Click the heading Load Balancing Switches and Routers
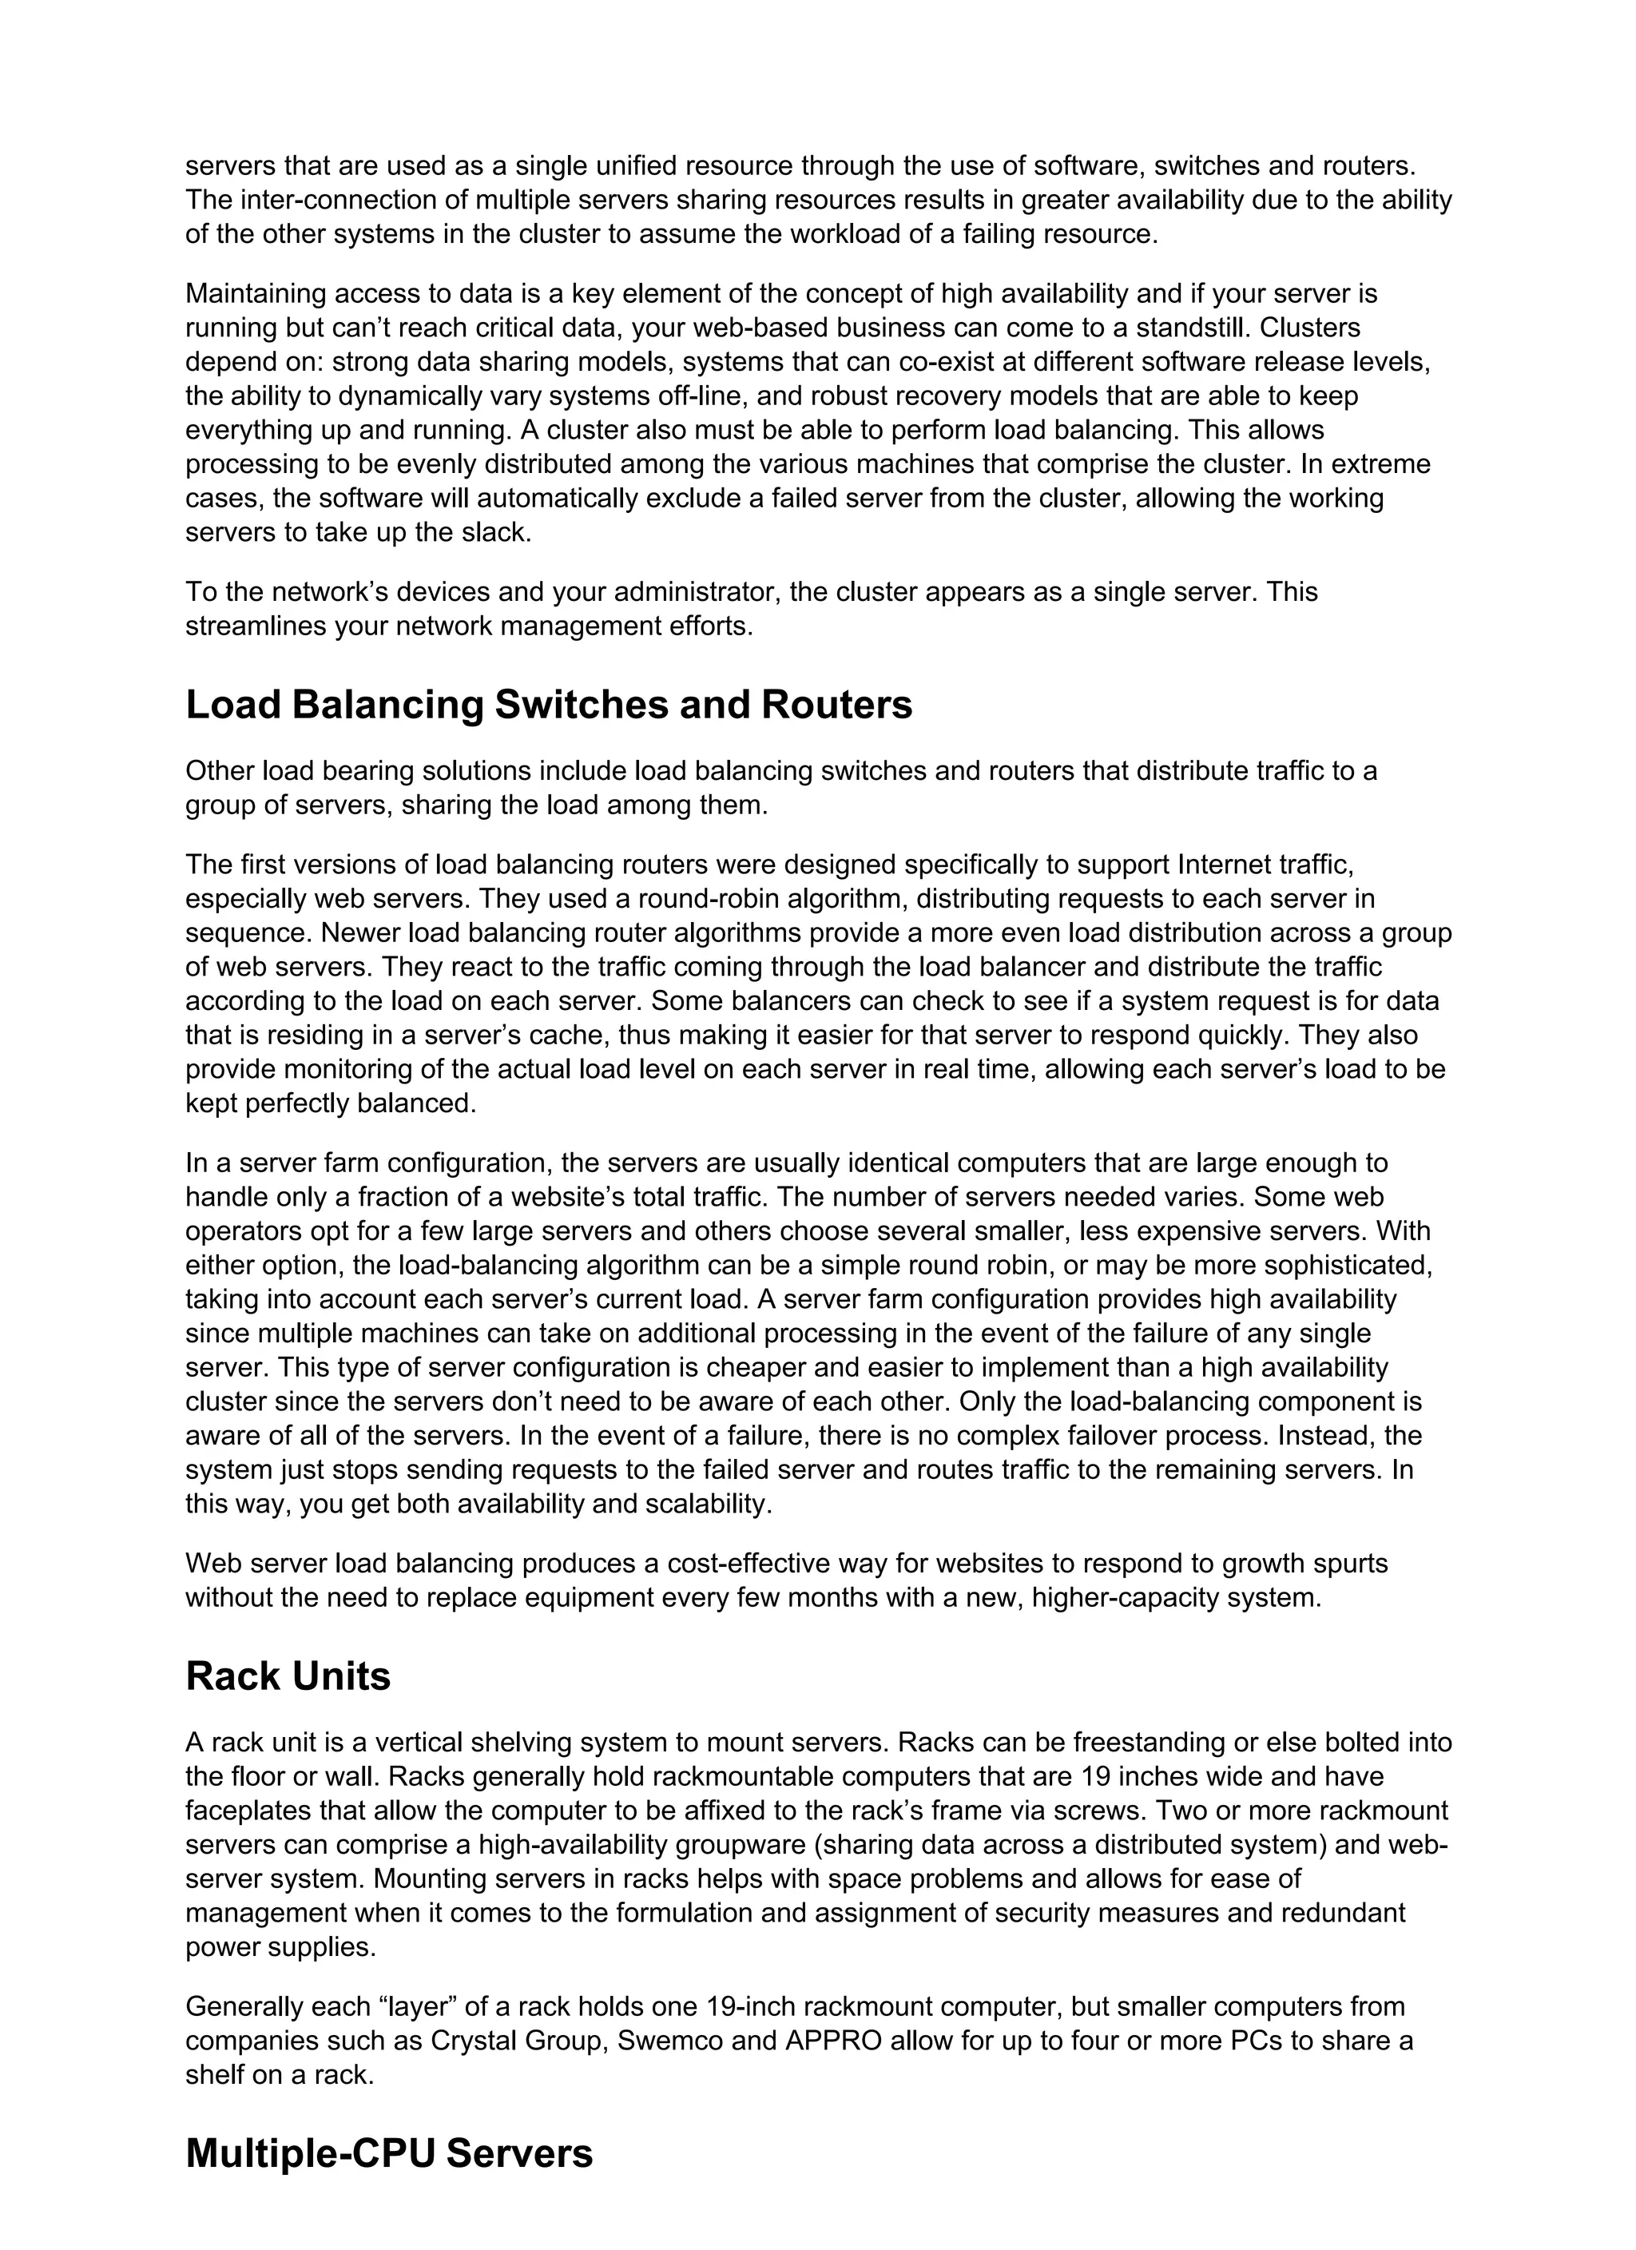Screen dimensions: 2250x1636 pos(549,706)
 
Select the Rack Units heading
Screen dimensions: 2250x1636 pos(288,1676)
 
